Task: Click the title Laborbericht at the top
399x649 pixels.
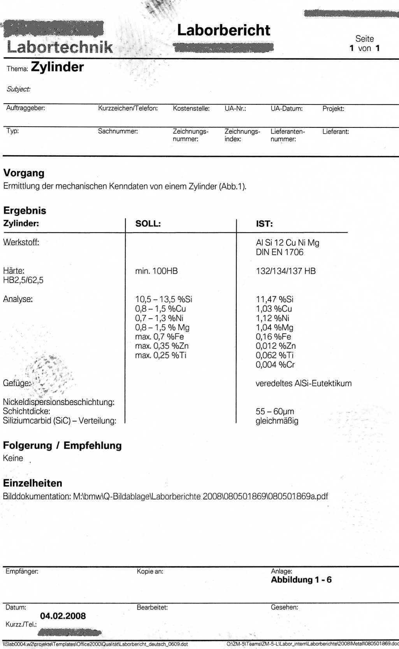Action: (x=223, y=30)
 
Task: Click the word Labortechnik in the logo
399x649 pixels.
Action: (x=60, y=47)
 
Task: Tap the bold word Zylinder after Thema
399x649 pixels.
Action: (x=57, y=67)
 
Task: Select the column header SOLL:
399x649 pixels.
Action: (x=148, y=224)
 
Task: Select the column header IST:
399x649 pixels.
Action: (x=264, y=224)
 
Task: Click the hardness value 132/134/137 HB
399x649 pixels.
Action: (x=286, y=271)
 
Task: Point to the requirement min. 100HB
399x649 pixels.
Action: (x=156, y=271)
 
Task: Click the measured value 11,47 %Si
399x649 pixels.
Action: (x=274, y=299)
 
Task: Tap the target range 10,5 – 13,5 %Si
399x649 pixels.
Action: (x=163, y=299)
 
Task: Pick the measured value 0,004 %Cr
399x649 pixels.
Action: (x=275, y=365)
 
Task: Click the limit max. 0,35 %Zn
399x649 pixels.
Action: (x=162, y=346)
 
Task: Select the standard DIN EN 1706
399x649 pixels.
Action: (x=279, y=252)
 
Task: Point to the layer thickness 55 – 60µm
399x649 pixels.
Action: (x=275, y=412)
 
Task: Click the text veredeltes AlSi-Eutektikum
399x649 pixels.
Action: (x=304, y=384)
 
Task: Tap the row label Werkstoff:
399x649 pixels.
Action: (x=21, y=242)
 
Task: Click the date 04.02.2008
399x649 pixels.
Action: (x=63, y=616)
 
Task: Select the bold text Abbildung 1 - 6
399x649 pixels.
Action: (x=301, y=580)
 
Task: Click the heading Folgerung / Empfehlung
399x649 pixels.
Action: (x=62, y=446)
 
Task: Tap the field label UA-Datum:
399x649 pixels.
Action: (x=287, y=109)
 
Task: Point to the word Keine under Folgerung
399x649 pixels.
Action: (x=13, y=458)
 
